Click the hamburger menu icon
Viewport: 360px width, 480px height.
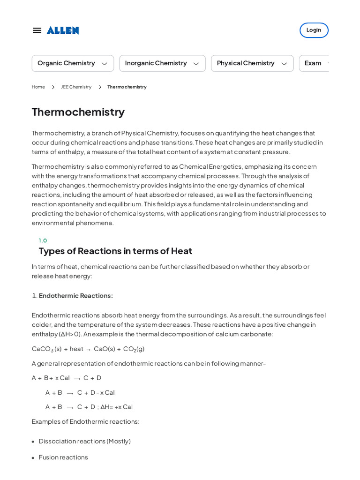coord(37,30)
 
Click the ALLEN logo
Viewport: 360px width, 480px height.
coord(63,30)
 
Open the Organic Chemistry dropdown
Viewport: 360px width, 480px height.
coord(73,63)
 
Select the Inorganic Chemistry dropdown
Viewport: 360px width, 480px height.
coord(162,63)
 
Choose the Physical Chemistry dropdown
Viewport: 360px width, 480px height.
coord(252,63)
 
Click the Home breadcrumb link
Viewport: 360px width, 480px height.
coord(38,87)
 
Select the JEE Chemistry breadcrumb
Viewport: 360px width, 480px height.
coord(76,87)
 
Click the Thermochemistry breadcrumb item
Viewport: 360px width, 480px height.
coord(127,87)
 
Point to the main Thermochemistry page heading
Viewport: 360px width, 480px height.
coord(78,112)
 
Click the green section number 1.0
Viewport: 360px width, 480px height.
coord(43,240)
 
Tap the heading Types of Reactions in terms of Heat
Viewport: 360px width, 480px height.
coord(115,251)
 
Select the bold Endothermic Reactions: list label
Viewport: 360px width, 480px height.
coord(76,296)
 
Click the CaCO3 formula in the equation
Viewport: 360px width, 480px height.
coord(42,349)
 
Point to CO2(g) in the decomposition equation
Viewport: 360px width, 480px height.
coord(134,349)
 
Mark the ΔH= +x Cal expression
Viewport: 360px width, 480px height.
coord(116,407)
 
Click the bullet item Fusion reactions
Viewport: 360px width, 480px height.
coord(63,457)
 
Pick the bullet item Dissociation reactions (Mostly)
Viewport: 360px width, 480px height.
coord(84,442)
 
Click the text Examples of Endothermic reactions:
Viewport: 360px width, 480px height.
coord(85,422)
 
